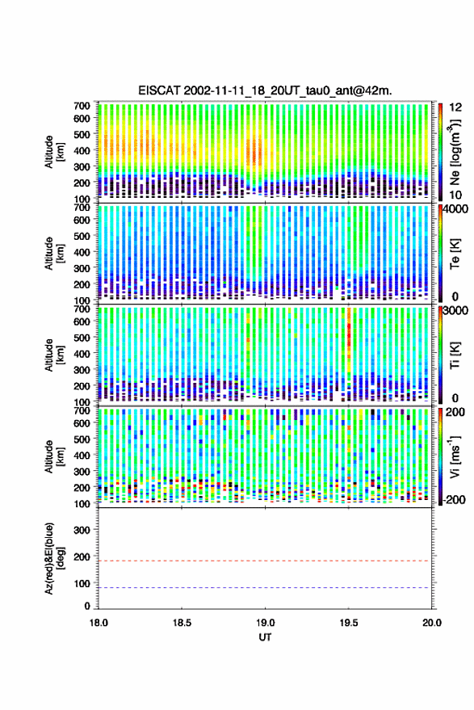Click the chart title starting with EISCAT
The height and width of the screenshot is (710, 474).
click(265, 90)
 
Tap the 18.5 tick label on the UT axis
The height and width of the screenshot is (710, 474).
click(182, 623)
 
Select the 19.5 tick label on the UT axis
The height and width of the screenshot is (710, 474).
click(349, 623)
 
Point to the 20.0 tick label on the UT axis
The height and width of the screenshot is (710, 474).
click(432, 623)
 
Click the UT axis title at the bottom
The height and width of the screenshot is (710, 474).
click(265, 637)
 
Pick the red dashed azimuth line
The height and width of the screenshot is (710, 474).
click(265, 561)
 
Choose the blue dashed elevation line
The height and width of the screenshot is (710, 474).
click(265, 587)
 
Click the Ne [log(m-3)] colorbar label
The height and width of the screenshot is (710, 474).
click(455, 152)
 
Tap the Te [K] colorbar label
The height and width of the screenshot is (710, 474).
click(455, 254)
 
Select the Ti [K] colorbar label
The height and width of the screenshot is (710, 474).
click(455, 355)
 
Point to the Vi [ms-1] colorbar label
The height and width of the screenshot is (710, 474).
click(455, 456)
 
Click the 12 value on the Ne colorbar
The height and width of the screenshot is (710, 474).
click(456, 107)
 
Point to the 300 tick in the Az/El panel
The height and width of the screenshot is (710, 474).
click(82, 530)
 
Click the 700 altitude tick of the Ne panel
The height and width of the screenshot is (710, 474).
click(82, 106)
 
